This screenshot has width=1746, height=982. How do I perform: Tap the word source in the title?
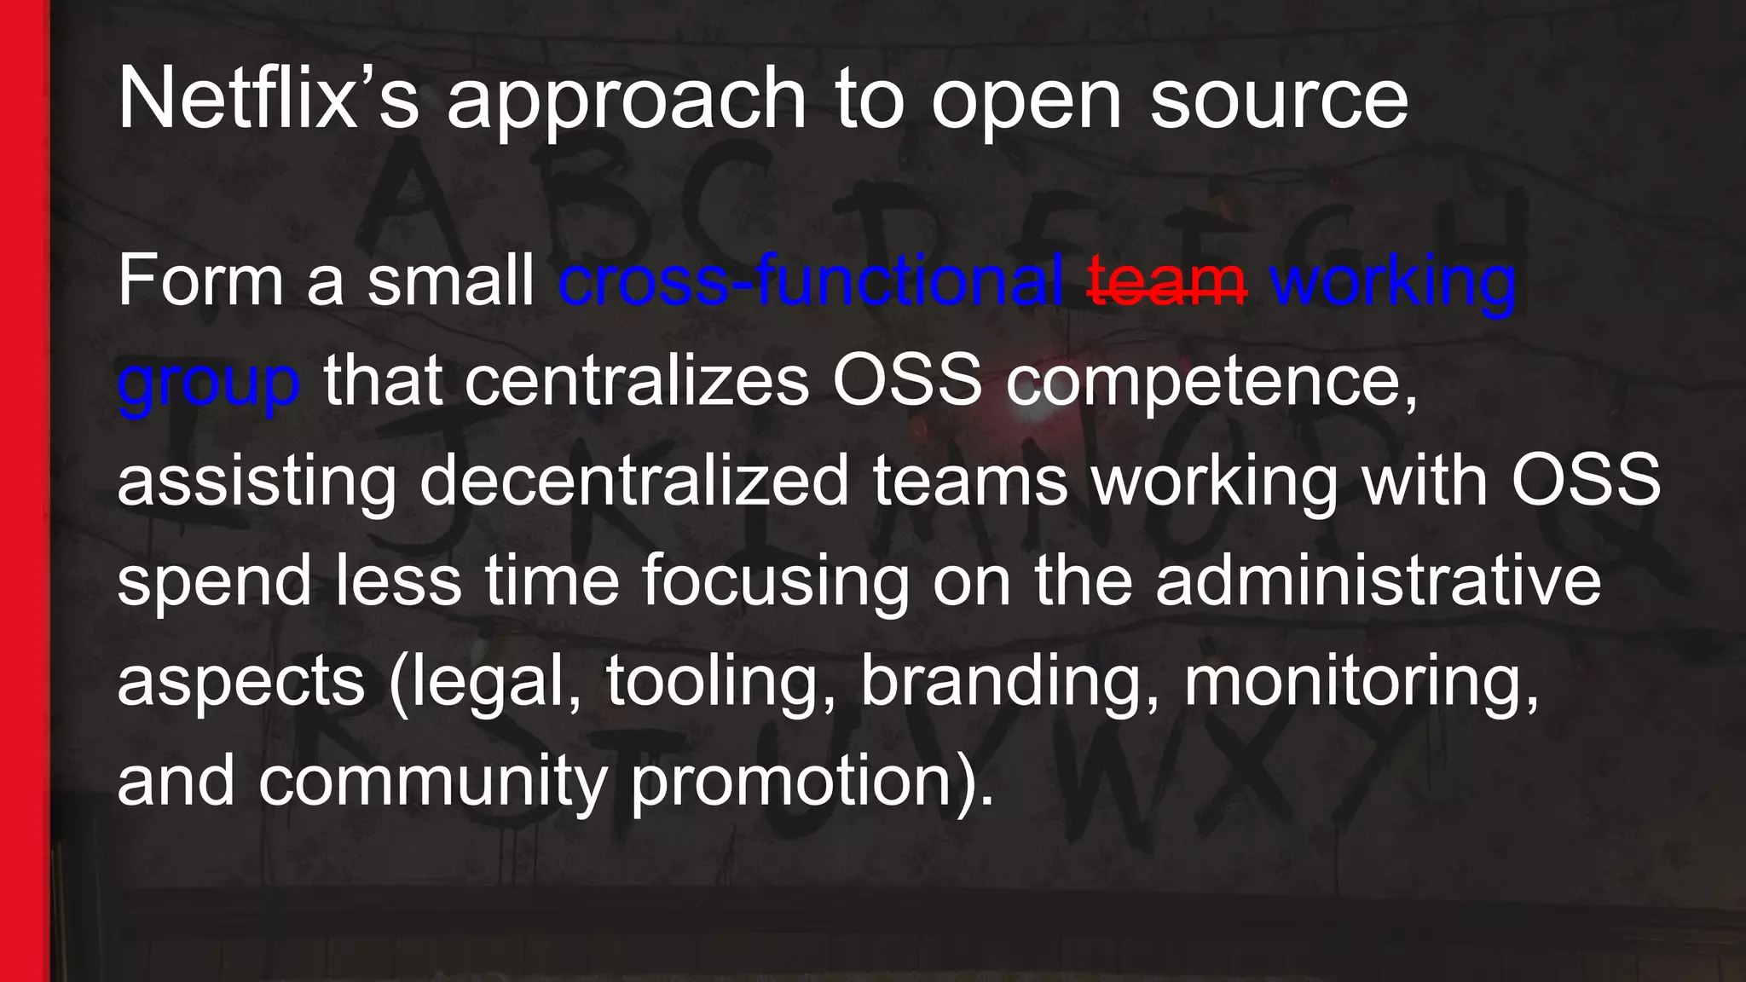coord(1279,101)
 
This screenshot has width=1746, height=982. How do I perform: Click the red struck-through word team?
coord(1167,281)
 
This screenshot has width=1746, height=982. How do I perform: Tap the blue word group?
coord(209,384)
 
